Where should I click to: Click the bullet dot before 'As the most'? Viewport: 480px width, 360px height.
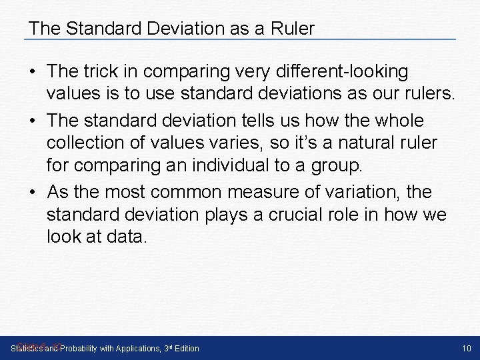pos(33,193)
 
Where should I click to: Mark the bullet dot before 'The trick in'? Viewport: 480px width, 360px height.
pos(33,71)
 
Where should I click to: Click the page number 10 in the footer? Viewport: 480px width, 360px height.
pos(466,348)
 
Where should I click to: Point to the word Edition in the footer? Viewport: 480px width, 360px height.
pos(185,348)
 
